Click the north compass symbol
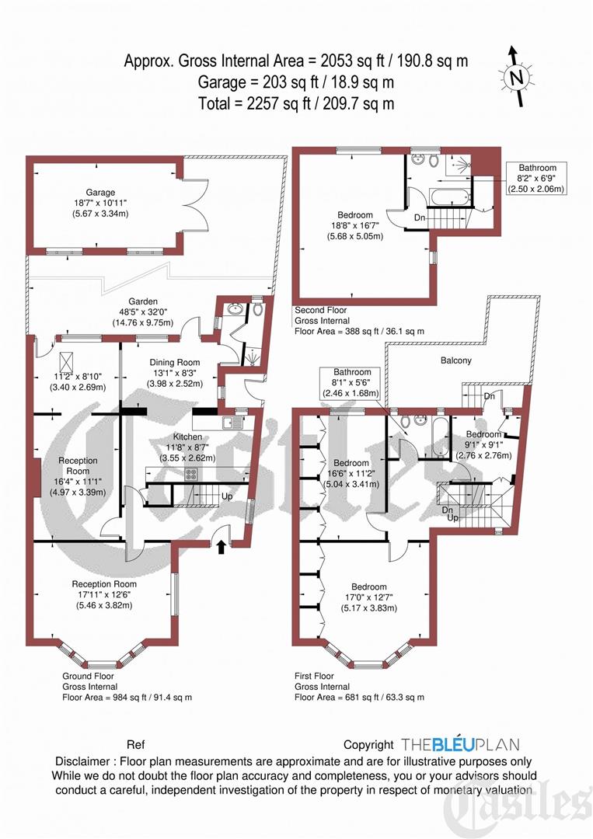click(515, 77)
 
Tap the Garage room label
click(101, 192)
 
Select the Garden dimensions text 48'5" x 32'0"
click(143, 312)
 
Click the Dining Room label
click(174, 362)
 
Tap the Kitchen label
click(187, 437)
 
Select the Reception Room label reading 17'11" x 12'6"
click(104, 584)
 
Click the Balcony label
click(455, 360)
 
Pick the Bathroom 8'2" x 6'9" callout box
click(536, 178)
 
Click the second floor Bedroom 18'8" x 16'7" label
click(354, 214)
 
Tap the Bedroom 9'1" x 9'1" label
click(483, 433)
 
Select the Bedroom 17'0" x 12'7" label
click(368, 587)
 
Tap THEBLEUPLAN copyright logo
click(460, 744)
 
